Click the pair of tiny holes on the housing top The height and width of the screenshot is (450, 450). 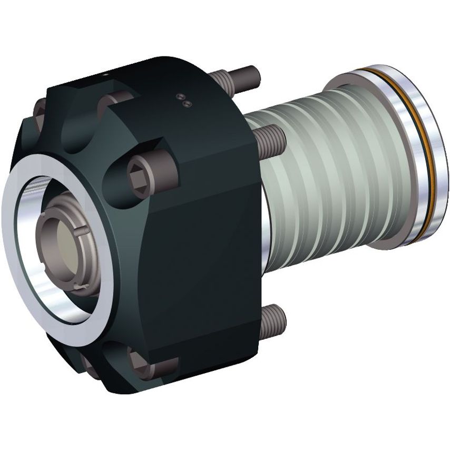click(x=182, y=100)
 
